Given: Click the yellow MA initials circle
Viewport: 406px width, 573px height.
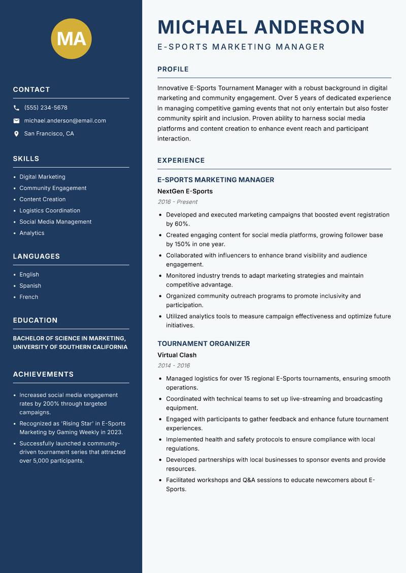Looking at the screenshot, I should point(72,39).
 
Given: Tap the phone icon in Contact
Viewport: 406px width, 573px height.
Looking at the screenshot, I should point(16,108).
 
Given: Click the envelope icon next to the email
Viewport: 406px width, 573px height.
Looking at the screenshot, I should point(16,121).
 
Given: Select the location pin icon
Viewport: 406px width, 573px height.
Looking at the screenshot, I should point(16,134).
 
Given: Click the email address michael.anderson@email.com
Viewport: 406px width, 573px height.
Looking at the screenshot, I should point(65,121).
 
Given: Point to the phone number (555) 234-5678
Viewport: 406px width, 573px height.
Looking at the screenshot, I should point(46,108).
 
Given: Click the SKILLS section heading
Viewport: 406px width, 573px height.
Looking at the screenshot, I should point(26,159).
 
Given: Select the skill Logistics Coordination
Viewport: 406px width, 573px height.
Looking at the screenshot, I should point(50,210).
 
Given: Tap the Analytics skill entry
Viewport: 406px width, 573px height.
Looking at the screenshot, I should point(32,233).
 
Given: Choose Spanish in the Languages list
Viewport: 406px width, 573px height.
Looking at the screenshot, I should point(30,286).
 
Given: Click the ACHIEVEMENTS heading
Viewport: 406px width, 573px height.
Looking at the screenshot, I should point(43,374).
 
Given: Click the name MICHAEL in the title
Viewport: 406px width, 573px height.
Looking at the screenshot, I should point(202,27).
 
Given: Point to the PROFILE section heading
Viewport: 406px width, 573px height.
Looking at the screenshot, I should point(173,69).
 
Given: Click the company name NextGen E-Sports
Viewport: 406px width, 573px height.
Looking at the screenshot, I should point(185,192).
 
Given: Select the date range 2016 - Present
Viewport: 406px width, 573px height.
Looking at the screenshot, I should point(177,202).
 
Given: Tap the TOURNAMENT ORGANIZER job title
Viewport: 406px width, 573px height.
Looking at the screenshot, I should point(204,344).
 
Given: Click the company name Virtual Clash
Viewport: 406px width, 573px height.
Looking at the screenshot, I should point(177,355).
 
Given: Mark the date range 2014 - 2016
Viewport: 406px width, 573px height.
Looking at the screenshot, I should point(174,366).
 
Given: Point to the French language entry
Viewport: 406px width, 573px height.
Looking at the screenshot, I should point(29,297).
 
